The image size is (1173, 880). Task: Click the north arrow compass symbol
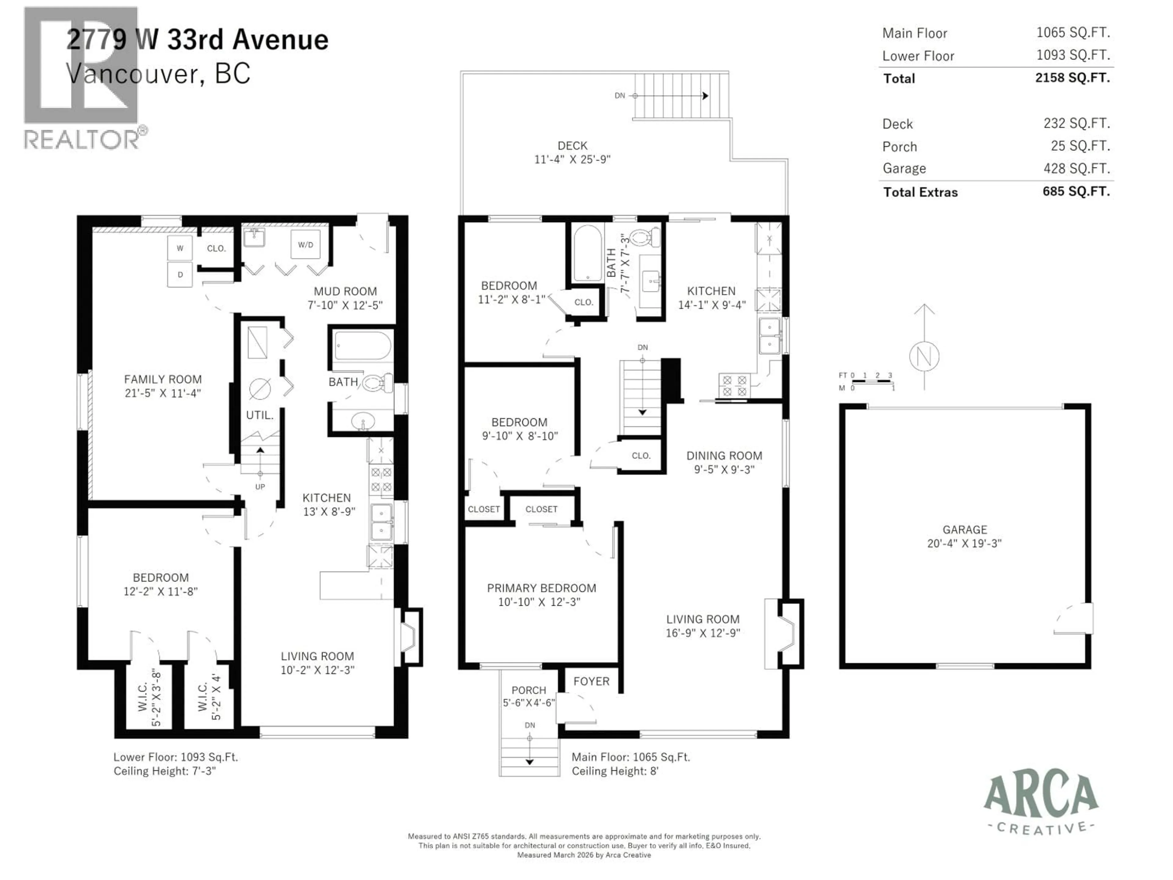[x=924, y=355]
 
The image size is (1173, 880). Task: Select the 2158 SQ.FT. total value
[x=1072, y=78]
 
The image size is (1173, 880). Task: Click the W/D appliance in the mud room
[x=305, y=244]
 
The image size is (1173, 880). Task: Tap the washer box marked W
[x=180, y=248]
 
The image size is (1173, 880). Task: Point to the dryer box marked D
[x=180, y=275]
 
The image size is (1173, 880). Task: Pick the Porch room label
[x=529, y=690]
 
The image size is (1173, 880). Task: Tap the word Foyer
[x=591, y=681]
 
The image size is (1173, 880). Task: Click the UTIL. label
[x=260, y=415]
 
